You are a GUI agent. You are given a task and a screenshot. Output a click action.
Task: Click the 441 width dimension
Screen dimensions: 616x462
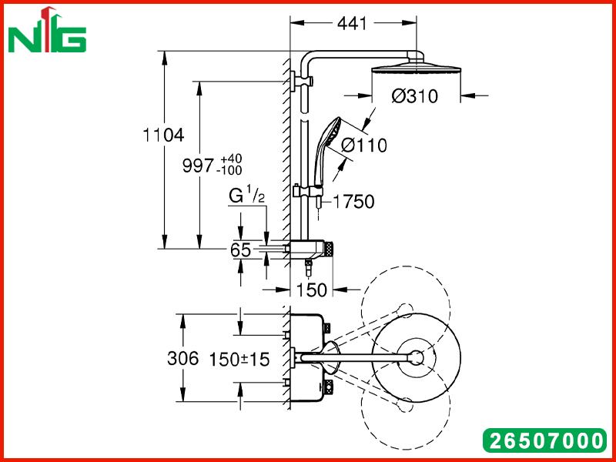tap(352, 24)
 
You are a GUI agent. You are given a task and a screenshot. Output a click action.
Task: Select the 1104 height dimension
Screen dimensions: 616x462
tap(163, 136)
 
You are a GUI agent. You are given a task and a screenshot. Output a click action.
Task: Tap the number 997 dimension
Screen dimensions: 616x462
tap(198, 166)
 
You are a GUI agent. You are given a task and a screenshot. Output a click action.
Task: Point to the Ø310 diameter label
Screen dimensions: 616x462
tap(414, 95)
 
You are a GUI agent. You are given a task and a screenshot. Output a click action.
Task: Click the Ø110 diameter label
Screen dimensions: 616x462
tap(364, 146)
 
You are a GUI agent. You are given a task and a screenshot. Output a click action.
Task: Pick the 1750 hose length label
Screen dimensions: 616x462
tap(353, 202)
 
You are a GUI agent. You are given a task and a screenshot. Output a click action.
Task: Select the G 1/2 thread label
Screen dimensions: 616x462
tap(246, 196)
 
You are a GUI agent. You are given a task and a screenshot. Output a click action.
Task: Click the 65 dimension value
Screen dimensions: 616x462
tap(240, 249)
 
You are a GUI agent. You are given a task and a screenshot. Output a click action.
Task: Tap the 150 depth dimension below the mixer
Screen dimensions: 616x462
tap(311, 290)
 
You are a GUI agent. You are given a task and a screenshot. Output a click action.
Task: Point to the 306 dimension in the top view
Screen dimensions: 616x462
tap(183, 359)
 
